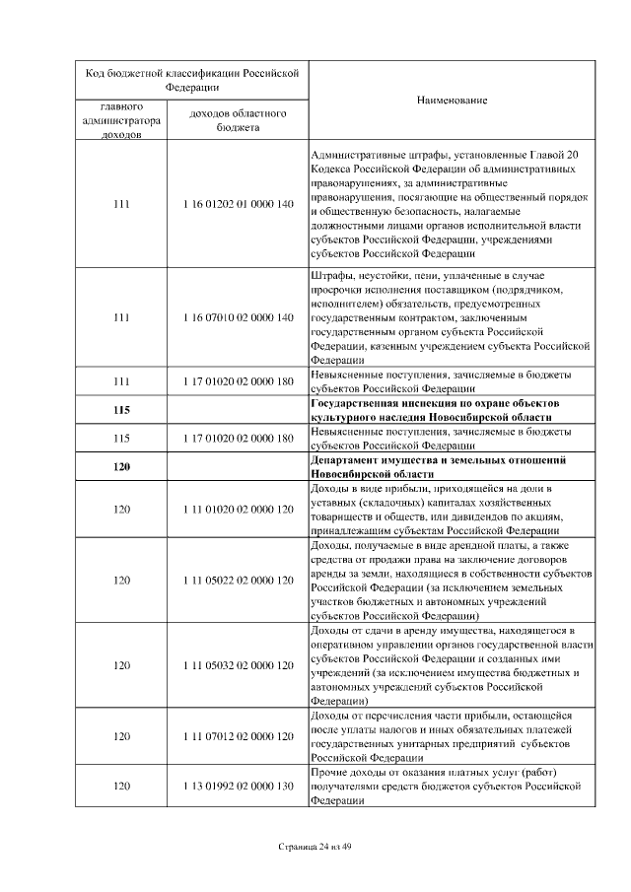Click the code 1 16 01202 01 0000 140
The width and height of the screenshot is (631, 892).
pyautogui.click(x=238, y=204)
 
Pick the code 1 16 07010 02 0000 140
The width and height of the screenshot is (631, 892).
pyautogui.click(x=238, y=318)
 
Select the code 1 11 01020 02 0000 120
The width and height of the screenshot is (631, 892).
pyautogui.click(x=238, y=510)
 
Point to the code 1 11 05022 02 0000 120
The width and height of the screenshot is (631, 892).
pyautogui.click(x=238, y=581)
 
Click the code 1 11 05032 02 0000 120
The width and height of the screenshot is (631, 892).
pyautogui.click(x=238, y=665)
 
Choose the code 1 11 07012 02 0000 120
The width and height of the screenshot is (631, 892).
pyautogui.click(x=238, y=736)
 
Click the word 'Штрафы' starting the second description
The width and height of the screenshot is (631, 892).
pyautogui.click(x=329, y=274)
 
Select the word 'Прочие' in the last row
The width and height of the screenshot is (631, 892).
pyautogui.click(x=327, y=771)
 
